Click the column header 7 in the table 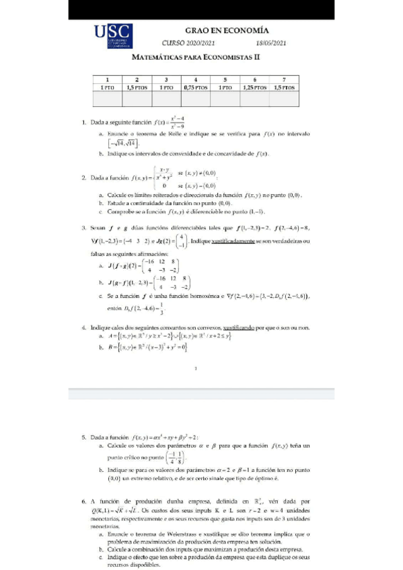click(285, 79)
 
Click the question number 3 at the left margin click(83, 229)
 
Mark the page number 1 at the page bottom click(194, 367)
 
